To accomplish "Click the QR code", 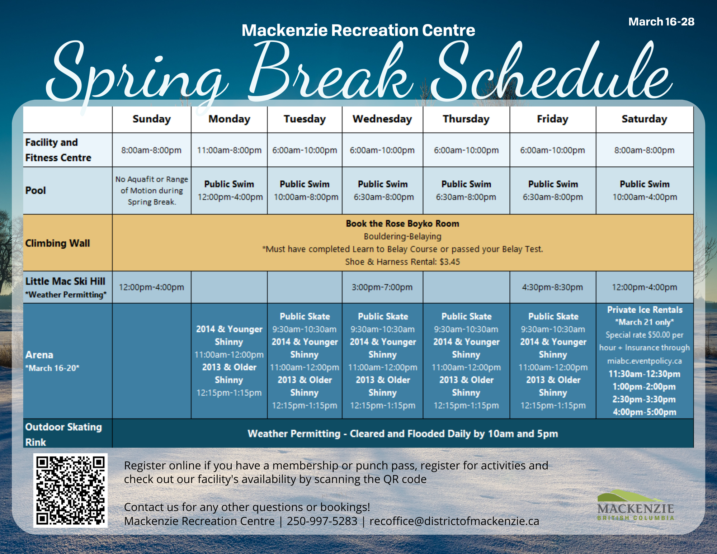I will tap(70, 490).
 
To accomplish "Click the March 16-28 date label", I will tap(661, 22).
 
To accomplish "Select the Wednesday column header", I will tap(382, 119).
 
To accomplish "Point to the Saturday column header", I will tap(644, 119).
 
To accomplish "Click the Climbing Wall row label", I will tap(57, 243).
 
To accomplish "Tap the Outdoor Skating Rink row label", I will tap(63, 434).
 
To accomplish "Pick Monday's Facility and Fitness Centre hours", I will tap(229, 150).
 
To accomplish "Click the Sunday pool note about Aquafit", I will tap(152, 190).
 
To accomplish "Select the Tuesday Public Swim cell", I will tap(305, 190).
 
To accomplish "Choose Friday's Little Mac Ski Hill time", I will tap(552, 287).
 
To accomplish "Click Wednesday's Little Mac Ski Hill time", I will tap(382, 287).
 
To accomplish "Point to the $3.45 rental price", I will tap(450, 262).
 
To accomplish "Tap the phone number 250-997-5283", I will tap(322, 521).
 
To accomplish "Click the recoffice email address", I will tap(454, 521).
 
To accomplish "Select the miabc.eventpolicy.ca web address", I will tap(644, 361).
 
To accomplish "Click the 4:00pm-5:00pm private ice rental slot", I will tap(644, 412).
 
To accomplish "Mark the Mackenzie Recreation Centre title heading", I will tap(358, 30).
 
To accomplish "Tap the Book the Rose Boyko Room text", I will tap(402, 224).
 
